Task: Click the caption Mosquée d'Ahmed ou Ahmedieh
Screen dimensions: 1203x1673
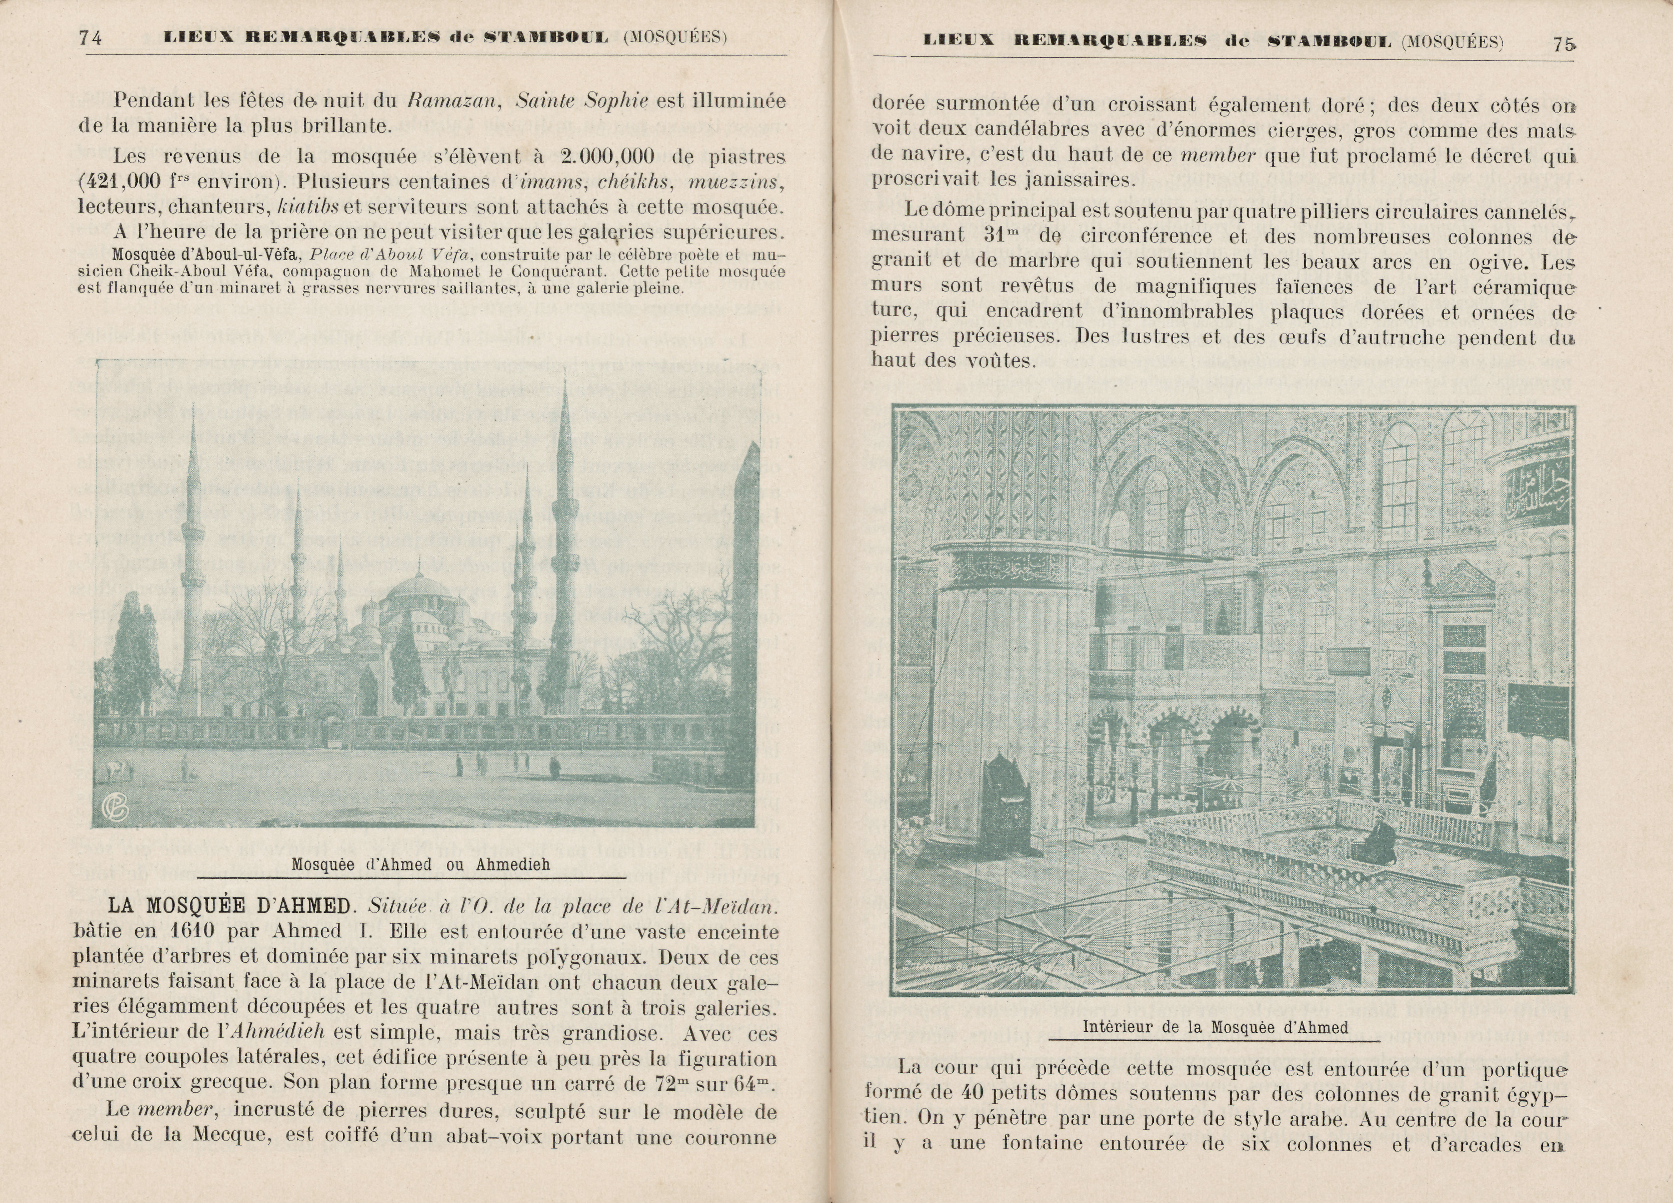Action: (420, 865)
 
